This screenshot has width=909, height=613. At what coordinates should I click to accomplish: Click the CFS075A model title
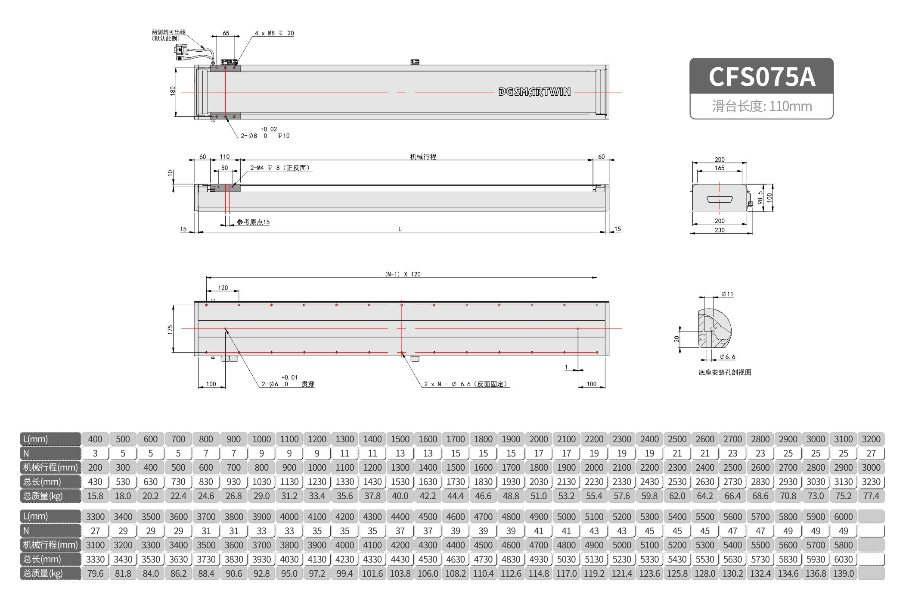click(761, 77)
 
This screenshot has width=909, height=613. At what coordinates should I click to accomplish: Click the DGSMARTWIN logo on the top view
click(534, 92)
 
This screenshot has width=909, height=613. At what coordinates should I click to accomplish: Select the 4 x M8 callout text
click(274, 33)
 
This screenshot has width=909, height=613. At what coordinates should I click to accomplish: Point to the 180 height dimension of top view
click(173, 91)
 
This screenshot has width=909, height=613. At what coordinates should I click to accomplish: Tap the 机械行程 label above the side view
click(423, 156)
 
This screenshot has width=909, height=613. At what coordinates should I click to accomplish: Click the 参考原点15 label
click(253, 222)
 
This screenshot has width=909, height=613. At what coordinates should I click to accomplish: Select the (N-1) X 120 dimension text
click(403, 274)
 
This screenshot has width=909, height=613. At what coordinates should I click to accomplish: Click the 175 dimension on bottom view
click(170, 329)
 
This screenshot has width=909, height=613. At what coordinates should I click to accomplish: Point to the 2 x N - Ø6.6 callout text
click(465, 384)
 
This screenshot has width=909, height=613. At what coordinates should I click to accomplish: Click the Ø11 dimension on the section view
click(727, 294)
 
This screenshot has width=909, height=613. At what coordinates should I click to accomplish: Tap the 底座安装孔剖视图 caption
click(725, 372)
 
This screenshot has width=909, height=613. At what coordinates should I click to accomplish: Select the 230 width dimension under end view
click(720, 230)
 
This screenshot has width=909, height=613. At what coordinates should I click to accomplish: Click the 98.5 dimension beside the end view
click(760, 197)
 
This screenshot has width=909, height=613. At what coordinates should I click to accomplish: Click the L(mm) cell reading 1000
click(261, 439)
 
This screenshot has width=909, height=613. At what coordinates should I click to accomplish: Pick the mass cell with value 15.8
click(95, 496)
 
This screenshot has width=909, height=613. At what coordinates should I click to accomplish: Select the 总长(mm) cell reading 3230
click(871, 482)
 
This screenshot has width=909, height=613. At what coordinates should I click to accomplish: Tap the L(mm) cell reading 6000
click(843, 516)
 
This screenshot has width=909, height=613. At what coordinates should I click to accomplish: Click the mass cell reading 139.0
click(843, 573)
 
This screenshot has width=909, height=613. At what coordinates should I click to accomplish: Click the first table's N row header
click(50, 453)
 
